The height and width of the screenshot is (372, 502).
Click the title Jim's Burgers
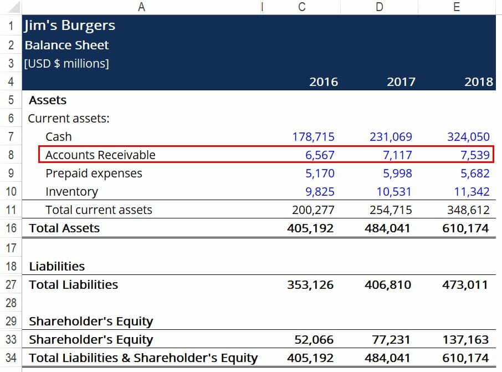point(69,26)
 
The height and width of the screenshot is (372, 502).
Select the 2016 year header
point(324,82)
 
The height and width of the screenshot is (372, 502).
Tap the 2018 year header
point(479,82)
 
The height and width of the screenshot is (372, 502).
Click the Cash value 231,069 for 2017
point(391,136)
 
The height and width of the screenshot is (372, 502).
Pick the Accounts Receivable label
point(100,155)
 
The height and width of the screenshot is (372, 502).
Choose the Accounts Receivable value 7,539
point(475,155)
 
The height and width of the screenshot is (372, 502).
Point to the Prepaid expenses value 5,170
point(320,174)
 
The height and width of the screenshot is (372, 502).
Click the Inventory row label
point(71,192)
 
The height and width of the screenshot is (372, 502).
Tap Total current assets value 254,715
point(391,210)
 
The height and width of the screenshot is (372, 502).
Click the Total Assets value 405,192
point(310,228)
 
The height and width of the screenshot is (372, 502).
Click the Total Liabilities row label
point(73,285)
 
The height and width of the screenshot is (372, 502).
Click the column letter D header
point(379,7)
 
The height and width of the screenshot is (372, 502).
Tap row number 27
point(11,285)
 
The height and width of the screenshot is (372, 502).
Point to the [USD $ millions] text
point(66,64)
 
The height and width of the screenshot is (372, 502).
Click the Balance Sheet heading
point(66,45)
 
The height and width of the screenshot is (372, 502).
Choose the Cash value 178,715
point(314,136)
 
